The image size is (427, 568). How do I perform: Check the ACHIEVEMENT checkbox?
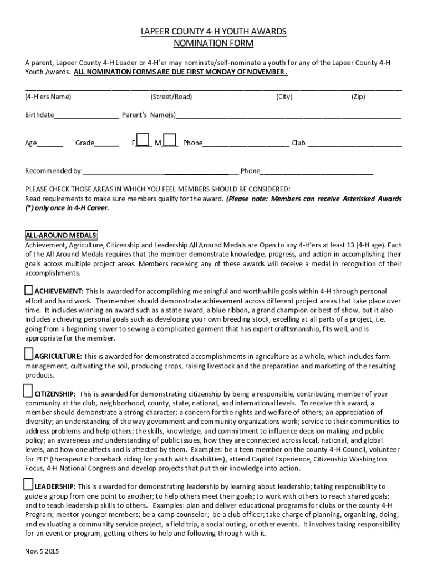point(29,290)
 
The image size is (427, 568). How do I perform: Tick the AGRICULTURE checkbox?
point(29,354)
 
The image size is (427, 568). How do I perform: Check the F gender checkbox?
point(143,139)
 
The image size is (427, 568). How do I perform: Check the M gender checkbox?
point(170,139)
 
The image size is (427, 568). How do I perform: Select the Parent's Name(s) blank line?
point(288,116)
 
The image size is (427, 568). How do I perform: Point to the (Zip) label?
point(358,97)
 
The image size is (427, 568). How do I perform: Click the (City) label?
point(284,97)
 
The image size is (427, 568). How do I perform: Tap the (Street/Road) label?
point(171,97)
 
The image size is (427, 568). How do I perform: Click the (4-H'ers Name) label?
point(48,97)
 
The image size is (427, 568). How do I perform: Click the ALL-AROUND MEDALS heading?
point(61,235)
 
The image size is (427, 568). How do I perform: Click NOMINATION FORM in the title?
point(213,43)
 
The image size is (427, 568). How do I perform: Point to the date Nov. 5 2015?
point(42,552)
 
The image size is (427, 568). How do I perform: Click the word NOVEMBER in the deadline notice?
point(265,73)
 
